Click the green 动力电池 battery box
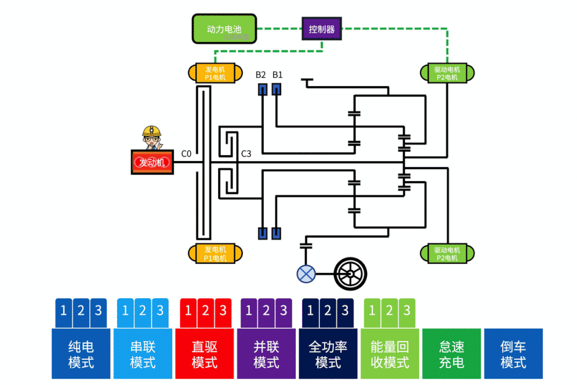(x=224, y=29)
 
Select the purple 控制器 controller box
(x=321, y=29)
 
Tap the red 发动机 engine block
(x=152, y=163)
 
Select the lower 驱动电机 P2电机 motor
(x=447, y=254)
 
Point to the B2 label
(x=260, y=74)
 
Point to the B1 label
(x=278, y=74)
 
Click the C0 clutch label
(x=186, y=154)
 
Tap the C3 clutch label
(x=246, y=154)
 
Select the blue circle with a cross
(x=306, y=274)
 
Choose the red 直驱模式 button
(x=204, y=354)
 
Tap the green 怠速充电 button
(x=451, y=354)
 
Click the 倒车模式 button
(x=513, y=354)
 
